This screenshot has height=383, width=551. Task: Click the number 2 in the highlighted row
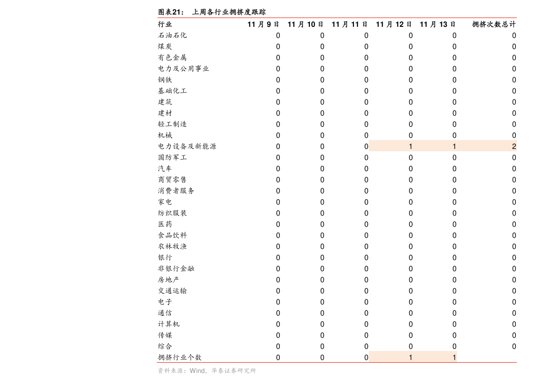514,147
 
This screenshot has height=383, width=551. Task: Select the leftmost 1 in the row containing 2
410,147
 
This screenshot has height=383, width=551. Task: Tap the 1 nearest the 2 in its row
454,147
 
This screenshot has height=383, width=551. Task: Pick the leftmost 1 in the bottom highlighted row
410,357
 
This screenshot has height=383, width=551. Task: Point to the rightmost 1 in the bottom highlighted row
454,357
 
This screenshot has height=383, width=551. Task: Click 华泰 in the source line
218,371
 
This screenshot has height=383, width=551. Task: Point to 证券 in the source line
231,371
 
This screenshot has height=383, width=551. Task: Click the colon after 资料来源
186,371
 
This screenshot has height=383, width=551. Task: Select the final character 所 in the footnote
253,371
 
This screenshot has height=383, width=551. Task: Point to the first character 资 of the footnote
161,371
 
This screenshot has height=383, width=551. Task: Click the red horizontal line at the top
337,18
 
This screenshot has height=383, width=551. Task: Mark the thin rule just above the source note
337,363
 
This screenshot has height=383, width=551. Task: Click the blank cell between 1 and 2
483,146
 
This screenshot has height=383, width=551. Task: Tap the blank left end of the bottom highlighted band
384,357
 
